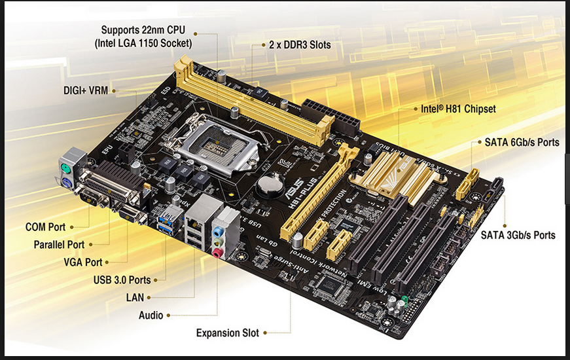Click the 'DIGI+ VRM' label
coord(86,90)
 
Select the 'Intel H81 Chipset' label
coord(458,109)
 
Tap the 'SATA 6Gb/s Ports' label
coord(522,142)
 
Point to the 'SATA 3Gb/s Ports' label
coord(518,235)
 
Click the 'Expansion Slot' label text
coord(228,333)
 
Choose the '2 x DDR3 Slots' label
coord(300,45)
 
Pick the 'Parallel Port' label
coord(59,244)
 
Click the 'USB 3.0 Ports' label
coord(122,280)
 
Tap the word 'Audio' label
coord(151,315)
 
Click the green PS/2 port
coord(65,169)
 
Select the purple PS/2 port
coord(67,183)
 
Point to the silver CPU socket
coord(217,145)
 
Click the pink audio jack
coord(217,253)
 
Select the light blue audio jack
coord(218,231)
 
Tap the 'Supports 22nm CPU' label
coord(143,30)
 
